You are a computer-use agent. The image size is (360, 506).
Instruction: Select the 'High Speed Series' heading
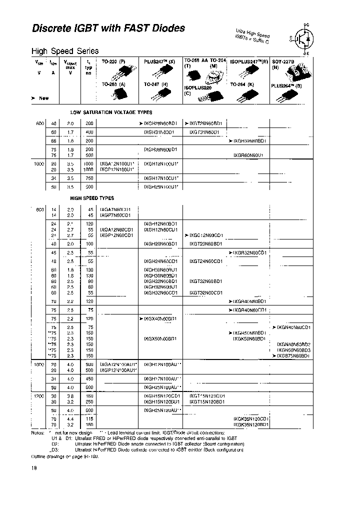point(65,51)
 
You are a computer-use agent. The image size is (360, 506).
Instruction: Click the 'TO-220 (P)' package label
point(113,60)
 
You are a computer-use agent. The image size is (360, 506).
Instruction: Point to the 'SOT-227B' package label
point(283,60)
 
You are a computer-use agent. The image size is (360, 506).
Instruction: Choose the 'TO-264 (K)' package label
point(242,85)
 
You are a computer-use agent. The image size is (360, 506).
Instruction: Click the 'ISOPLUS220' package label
point(198,87)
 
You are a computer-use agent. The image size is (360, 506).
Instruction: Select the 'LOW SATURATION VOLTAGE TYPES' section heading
point(111,113)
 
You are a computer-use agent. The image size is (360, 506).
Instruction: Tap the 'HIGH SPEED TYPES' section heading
point(92,198)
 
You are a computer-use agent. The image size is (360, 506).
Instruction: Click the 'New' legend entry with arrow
point(40,98)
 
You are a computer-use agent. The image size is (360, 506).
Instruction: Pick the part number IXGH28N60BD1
point(160,123)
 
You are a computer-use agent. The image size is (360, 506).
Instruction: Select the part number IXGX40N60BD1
point(160,318)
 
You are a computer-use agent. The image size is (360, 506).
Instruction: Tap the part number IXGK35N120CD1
point(251,419)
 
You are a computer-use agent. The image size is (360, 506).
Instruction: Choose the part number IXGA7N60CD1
point(115,209)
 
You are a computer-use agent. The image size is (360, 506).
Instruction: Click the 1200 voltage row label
point(39,395)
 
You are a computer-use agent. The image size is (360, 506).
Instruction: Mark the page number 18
point(34,468)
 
